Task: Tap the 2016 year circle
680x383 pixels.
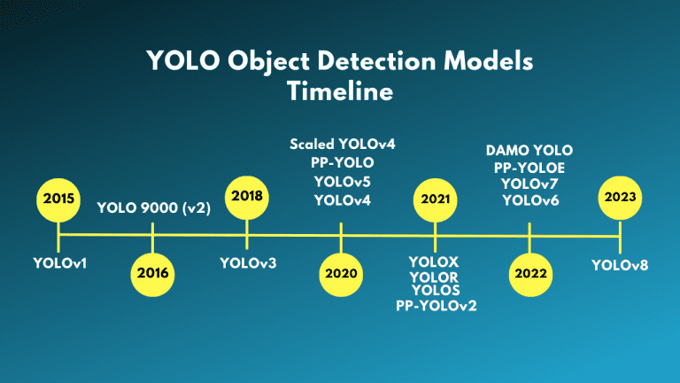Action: point(152,273)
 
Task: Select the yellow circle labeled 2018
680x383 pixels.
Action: point(247,199)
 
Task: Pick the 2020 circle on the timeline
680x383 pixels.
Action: point(341,273)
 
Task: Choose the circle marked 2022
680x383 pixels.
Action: point(529,273)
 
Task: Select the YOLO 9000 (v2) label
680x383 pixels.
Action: point(152,209)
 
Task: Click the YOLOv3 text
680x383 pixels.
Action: point(247,262)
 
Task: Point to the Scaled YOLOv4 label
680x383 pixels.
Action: point(342,144)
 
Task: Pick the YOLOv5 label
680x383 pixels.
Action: point(342,181)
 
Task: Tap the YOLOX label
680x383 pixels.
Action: point(435,262)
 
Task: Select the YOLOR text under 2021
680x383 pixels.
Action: point(435,277)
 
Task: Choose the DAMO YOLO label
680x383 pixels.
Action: point(529,150)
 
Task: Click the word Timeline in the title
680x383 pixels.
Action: point(340,92)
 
